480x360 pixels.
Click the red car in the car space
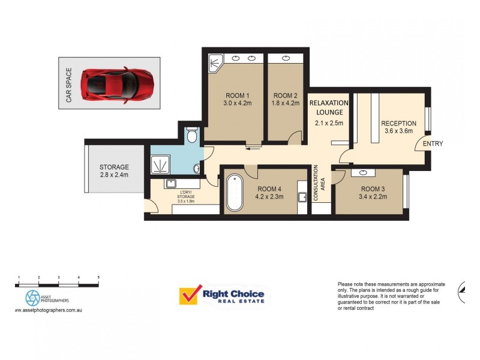[118, 83]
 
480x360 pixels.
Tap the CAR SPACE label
[69, 85]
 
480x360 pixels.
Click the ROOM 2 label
[285, 96]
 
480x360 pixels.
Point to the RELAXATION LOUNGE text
[328, 107]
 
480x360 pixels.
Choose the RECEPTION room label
[398, 124]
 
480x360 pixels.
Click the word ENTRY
[433, 144]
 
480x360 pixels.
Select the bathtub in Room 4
[233, 192]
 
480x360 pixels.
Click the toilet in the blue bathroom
[191, 136]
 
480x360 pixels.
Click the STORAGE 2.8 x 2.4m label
[114, 171]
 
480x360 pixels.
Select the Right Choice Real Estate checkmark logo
[189, 296]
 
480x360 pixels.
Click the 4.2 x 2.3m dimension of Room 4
[269, 196]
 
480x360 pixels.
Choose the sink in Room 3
[364, 173]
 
